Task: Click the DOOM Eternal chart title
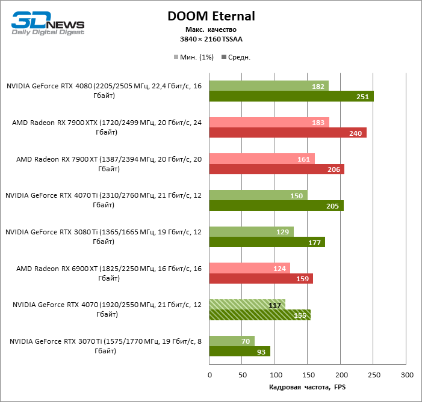tap(211, 16)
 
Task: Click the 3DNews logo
tap(48, 22)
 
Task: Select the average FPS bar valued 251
tap(291, 96)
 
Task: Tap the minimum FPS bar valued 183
tap(269, 123)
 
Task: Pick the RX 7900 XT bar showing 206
tap(276, 169)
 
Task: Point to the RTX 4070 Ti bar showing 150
tap(258, 195)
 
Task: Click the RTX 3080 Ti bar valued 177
tap(267, 242)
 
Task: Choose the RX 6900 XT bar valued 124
tap(250, 267)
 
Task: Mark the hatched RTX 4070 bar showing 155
tap(260, 314)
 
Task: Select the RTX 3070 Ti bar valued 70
tap(232, 341)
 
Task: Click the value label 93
tap(261, 352)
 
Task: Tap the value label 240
tap(355, 133)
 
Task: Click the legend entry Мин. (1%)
tap(193, 57)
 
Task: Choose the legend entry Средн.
tap(236, 57)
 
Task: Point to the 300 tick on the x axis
tap(407, 374)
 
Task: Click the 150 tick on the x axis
tap(308, 374)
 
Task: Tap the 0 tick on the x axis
tap(209, 374)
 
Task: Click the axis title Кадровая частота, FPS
tap(308, 386)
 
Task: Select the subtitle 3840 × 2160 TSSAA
tap(211, 38)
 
